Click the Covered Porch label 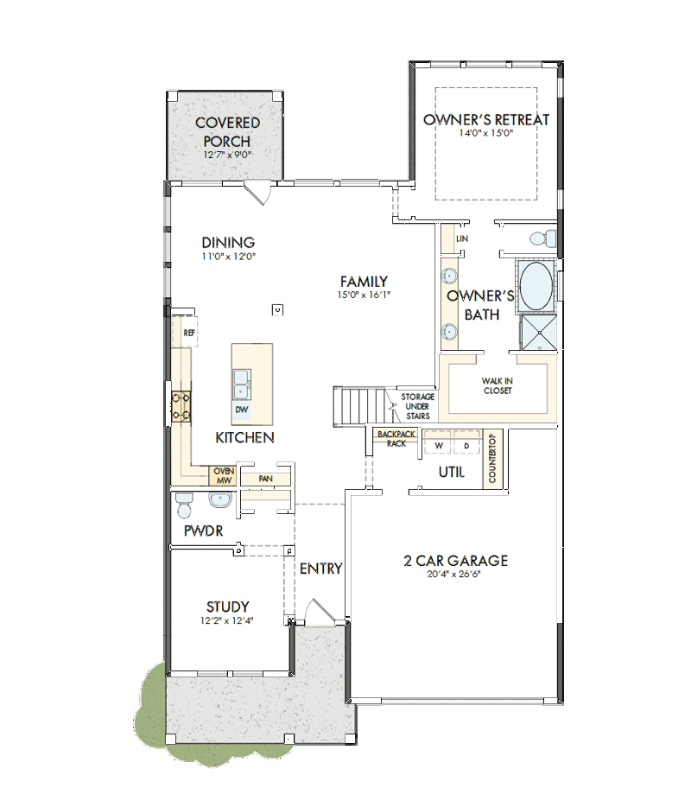coord(228,131)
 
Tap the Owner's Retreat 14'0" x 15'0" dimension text coord(486,133)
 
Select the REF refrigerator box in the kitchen coord(185,332)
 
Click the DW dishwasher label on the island coord(242,409)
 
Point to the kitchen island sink coord(242,384)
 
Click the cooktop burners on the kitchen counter coord(181,406)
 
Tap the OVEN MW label coord(224,476)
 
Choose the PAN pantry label coord(266,479)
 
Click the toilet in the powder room coord(184,505)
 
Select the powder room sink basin coord(220,499)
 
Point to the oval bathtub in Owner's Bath coord(536,286)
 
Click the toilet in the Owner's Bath coord(542,238)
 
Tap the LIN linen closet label coord(462,238)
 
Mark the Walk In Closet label coord(498,386)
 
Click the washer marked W coord(439,442)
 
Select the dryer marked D coord(467,442)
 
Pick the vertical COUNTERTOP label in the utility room coord(492,458)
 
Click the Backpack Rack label coord(396,438)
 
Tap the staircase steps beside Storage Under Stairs coord(358,407)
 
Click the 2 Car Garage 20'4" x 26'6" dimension coord(453,574)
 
